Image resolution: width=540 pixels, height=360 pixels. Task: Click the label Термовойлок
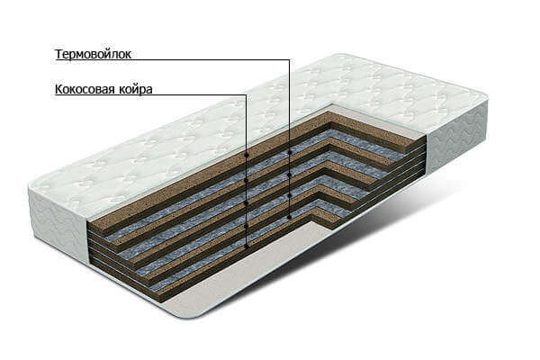click(93, 54)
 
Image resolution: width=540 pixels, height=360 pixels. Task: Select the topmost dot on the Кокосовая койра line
click(247, 156)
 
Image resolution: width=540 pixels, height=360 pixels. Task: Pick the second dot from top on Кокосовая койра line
click(247, 180)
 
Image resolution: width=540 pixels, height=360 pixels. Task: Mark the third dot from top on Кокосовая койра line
click(247, 203)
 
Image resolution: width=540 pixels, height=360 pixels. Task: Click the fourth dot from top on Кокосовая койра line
click(247, 226)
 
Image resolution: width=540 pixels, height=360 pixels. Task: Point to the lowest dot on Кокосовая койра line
click(247, 247)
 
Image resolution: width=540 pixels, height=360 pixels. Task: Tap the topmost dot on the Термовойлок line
click(290, 152)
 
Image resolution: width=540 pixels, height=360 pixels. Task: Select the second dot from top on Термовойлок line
click(290, 175)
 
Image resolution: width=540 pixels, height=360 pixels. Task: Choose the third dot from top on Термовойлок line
click(290, 195)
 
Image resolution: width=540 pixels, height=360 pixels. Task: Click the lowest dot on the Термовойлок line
click(290, 217)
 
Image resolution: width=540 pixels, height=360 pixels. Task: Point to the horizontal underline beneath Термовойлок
click(172, 60)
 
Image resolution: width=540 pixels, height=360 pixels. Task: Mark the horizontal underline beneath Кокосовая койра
click(151, 94)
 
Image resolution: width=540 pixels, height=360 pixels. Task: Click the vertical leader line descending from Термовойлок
click(290, 139)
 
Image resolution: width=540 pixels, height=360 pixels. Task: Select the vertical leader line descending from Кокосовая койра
click(247, 171)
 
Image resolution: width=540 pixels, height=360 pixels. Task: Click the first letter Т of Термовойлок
click(58, 54)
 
